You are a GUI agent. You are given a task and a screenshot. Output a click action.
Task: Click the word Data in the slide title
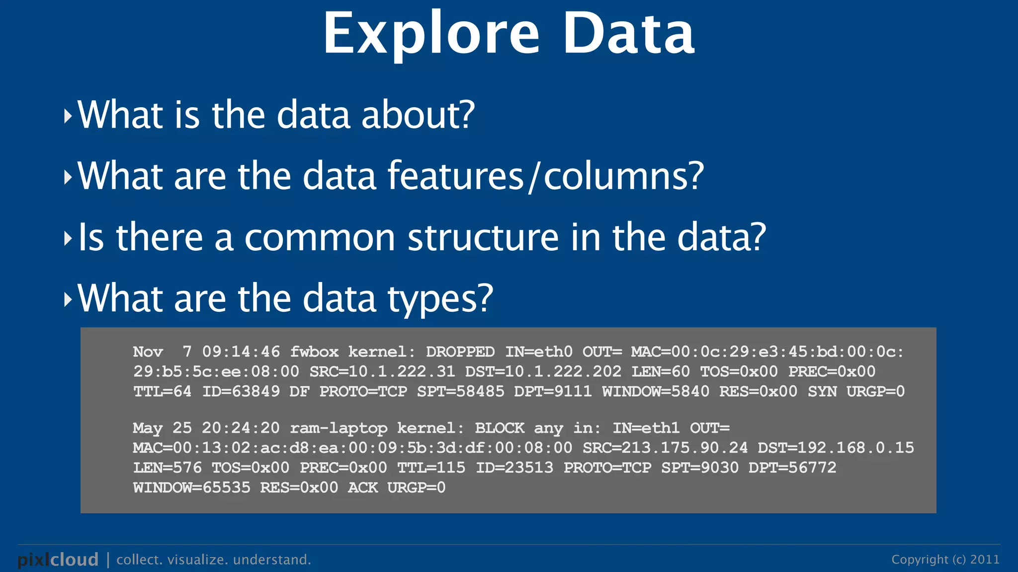click(x=628, y=34)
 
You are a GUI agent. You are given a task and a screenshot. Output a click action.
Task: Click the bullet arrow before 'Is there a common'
click(x=68, y=238)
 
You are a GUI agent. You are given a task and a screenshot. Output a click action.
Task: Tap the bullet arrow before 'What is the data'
click(x=68, y=116)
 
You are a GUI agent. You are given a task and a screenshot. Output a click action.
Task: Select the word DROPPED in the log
click(x=460, y=352)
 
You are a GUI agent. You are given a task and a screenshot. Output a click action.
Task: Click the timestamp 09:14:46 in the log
click(x=241, y=352)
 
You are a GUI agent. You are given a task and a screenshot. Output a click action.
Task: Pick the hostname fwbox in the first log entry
click(x=314, y=352)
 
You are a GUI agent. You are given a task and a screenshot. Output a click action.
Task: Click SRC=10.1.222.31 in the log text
click(x=382, y=371)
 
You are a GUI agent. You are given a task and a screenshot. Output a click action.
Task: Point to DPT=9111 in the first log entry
click(x=553, y=391)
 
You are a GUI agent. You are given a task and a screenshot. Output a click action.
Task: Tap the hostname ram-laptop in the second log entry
click(x=339, y=428)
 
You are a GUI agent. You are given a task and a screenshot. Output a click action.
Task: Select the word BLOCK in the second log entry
click(x=499, y=428)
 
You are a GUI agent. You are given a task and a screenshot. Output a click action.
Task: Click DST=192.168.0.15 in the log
click(x=836, y=448)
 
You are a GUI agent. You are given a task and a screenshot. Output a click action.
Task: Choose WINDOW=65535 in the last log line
click(x=191, y=488)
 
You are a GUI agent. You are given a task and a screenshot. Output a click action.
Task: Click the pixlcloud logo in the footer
click(x=58, y=560)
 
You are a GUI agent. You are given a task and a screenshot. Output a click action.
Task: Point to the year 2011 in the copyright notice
click(x=985, y=560)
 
